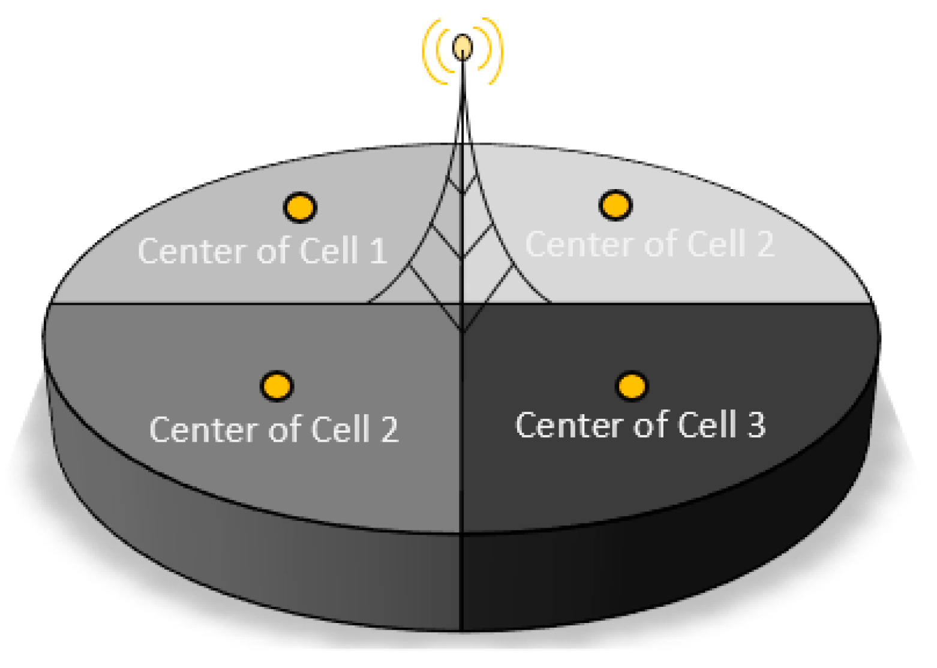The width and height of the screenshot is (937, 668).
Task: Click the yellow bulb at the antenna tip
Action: [462, 47]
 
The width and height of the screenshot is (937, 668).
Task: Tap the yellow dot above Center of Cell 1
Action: [300, 208]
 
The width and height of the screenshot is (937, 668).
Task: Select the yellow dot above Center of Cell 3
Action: [632, 386]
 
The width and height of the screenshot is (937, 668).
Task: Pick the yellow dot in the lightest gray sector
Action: [615, 205]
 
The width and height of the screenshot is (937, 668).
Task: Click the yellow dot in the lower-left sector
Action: [277, 386]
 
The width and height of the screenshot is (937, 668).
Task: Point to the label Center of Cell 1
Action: [262, 251]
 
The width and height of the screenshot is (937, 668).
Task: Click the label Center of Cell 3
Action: [640, 425]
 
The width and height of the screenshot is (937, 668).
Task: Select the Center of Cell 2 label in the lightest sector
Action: [650, 244]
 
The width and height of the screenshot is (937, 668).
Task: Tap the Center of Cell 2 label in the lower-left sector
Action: [274, 429]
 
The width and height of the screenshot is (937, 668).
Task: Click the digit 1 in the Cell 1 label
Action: [379, 251]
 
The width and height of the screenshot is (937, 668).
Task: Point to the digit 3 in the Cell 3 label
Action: [756, 425]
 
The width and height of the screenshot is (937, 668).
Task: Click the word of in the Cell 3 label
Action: [650, 425]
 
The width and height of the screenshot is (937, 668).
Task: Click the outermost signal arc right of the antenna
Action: [497, 51]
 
